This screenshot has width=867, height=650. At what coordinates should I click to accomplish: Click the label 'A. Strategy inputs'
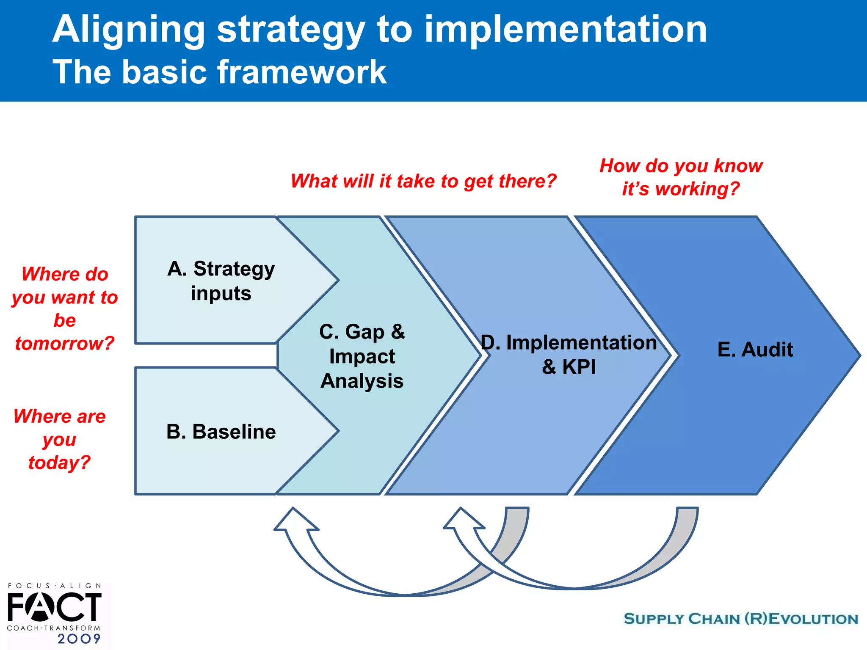click(221, 281)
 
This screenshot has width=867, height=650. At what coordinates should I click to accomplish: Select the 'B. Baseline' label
click(221, 432)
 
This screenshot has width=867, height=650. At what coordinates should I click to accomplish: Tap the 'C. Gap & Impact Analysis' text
click(362, 356)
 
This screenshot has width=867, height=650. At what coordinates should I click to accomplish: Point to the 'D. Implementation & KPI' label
click(569, 354)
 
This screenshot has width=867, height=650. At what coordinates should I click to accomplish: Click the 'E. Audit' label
click(755, 350)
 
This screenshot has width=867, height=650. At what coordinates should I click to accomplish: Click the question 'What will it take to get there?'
click(423, 181)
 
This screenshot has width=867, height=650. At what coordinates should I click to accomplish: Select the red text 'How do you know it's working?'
click(681, 177)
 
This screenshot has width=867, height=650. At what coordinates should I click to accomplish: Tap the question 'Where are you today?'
click(59, 439)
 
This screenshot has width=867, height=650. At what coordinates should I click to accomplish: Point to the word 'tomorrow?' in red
click(65, 343)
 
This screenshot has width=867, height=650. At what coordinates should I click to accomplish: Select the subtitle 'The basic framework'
click(219, 72)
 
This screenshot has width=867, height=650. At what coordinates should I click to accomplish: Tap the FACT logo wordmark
click(54, 607)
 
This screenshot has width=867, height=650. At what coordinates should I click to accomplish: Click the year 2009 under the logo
click(79, 639)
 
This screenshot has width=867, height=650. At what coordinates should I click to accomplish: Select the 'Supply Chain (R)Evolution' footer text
click(741, 619)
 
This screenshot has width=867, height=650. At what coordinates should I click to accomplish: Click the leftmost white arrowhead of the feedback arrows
click(295, 520)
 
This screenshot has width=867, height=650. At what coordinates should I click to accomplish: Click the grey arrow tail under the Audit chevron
click(687, 521)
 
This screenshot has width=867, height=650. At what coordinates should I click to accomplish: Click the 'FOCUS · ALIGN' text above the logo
click(55, 586)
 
